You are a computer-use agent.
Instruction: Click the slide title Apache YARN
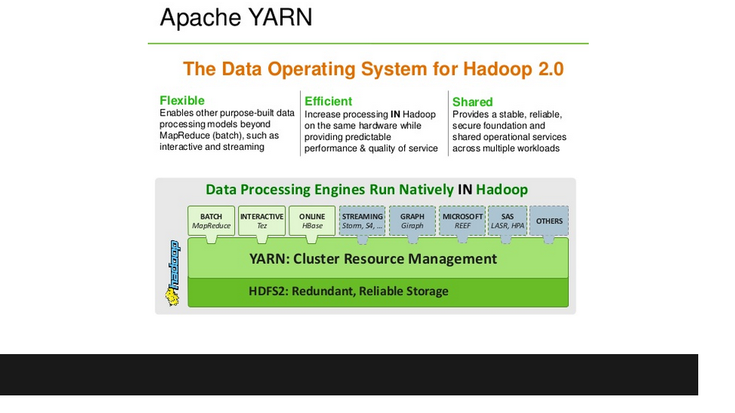tap(236, 18)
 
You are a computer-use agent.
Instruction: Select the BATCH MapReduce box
tap(211, 220)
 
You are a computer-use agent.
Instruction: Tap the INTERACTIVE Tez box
tap(262, 220)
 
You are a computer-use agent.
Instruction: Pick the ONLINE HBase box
tap(312, 220)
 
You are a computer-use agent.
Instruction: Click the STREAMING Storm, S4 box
tap(362, 220)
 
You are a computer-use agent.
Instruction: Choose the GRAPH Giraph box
tap(412, 220)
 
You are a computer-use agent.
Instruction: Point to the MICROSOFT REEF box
tap(462, 220)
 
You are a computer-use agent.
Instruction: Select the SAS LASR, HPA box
tap(507, 220)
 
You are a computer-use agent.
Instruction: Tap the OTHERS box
tap(549, 220)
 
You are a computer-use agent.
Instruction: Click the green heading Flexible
tap(182, 101)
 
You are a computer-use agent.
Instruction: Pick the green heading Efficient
tap(328, 101)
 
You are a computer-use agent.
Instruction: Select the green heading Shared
tap(472, 102)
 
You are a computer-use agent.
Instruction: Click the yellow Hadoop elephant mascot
tap(172, 297)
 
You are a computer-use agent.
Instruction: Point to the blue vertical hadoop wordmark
tap(175, 265)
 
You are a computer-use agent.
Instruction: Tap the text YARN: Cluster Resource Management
tap(373, 259)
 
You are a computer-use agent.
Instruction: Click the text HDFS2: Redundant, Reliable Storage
tap(348, 291)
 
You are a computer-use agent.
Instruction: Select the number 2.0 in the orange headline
tap(550, 69)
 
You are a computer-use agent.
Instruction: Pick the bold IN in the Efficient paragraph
tap(395, 114)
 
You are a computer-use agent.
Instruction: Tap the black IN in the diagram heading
tap(465, 190)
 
